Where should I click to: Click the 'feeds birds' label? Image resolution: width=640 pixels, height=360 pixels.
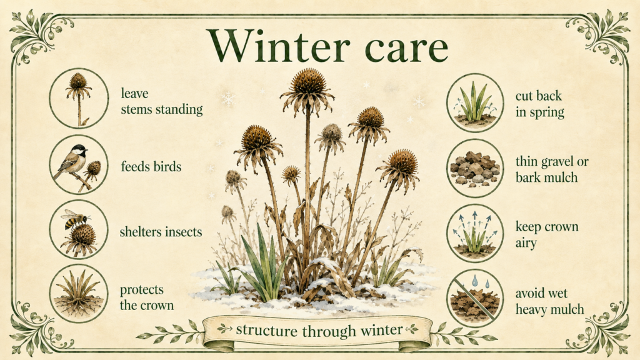(x=151, y=166)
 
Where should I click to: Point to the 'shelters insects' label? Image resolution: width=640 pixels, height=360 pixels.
(x=161, y=232)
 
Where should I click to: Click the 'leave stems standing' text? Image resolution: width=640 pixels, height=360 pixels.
(x=162, y=101)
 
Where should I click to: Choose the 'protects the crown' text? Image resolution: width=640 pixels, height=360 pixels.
(x=147, y=297)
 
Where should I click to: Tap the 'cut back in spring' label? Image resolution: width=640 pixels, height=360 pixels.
(x=539, y=104)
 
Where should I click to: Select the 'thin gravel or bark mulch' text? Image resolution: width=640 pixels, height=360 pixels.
(x=552, y=169)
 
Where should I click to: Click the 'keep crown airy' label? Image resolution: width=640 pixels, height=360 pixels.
(x=546, y=234)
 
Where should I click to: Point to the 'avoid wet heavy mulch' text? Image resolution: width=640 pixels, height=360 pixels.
(x=549, y=301)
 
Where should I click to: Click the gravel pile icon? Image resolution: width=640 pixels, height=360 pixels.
(x=475, y=168)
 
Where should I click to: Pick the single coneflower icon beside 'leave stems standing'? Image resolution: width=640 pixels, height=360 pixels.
(x=79, y=98)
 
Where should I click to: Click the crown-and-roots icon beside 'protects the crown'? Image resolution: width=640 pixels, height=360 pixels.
(x=79, y=294)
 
